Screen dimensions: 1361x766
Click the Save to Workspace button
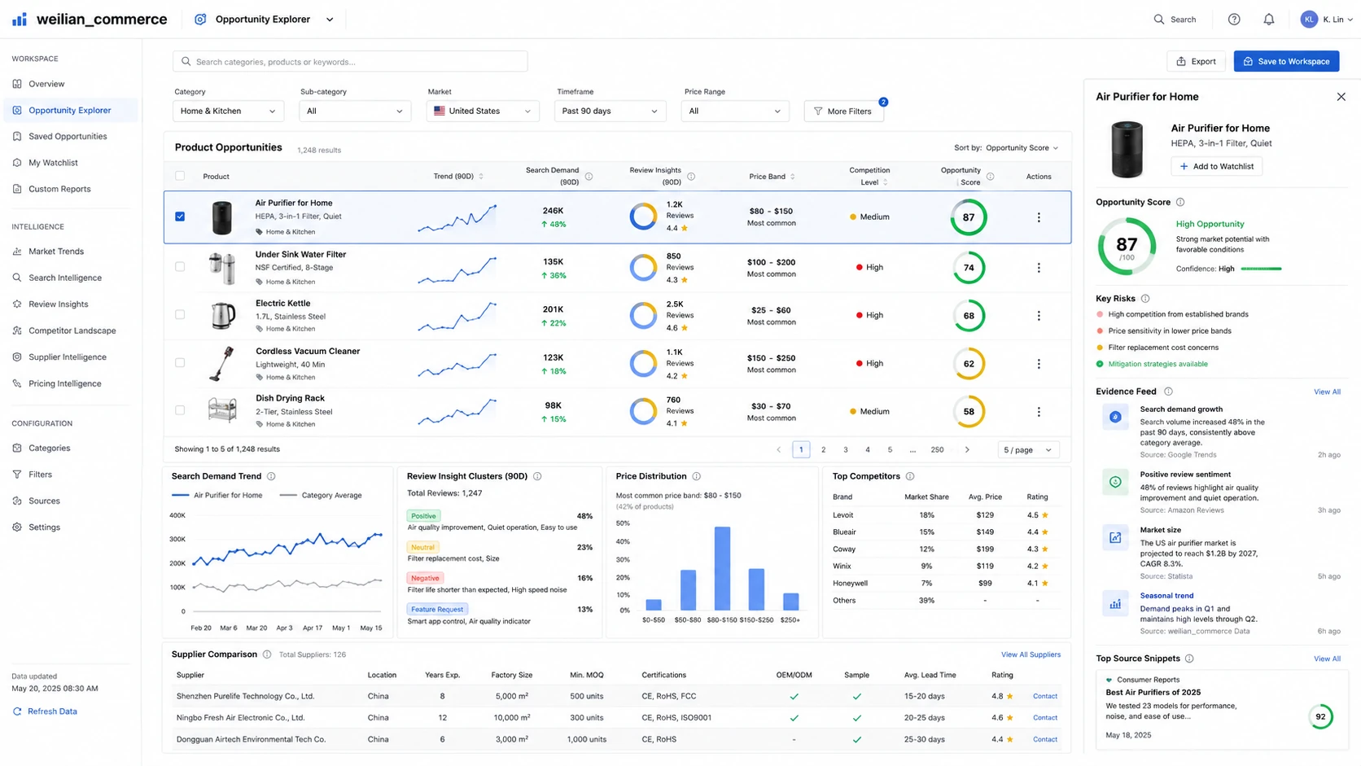coord(1286,61)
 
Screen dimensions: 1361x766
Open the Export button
coord(1196,61)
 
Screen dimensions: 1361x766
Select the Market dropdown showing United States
coord(483,112)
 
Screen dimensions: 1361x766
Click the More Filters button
coord(843,112)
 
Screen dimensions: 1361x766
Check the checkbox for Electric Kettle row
coord(180,315)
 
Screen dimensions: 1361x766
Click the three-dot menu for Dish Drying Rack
coord(1039,412)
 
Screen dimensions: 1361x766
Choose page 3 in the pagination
coord(845,449)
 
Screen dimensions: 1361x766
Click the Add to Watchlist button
coord(1216,166)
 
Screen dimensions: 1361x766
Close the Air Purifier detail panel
coord(1341,97)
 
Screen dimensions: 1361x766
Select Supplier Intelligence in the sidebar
coord(68,357)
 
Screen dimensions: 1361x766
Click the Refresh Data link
coord(52,711)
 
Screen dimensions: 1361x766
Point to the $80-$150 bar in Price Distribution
coord(722,568)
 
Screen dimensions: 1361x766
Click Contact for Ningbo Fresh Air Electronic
coord(1045,718)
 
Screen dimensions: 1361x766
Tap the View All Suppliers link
coord(1031,654)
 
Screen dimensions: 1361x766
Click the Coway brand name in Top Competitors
coord(844,549)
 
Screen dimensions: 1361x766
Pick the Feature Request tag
coord(437,609)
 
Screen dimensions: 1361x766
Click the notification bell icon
coord(1269,20)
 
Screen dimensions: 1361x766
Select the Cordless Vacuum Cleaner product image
coord(221,364)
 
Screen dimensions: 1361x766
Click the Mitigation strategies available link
coord(1158,364)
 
